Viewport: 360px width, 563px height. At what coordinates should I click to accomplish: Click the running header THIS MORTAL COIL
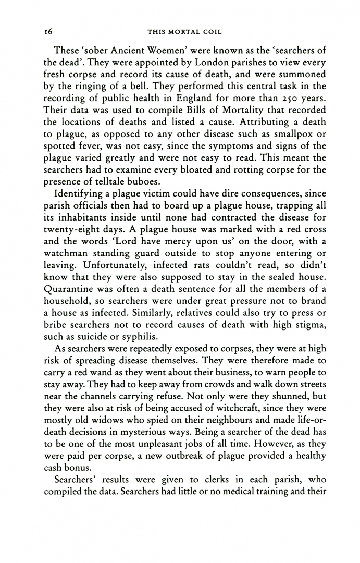185,32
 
